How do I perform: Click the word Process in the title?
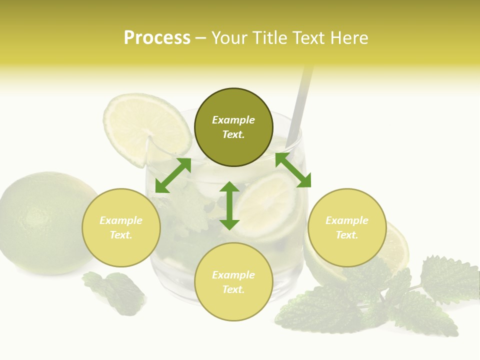[x=157, y=38]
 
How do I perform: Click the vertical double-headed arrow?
[x=229, y=205]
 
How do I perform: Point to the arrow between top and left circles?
[x=173, y=175]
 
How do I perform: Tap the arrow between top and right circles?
[x=293, y=170]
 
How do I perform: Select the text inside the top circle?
[x=233, y=127]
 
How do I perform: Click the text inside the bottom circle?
[x=233, y=282]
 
